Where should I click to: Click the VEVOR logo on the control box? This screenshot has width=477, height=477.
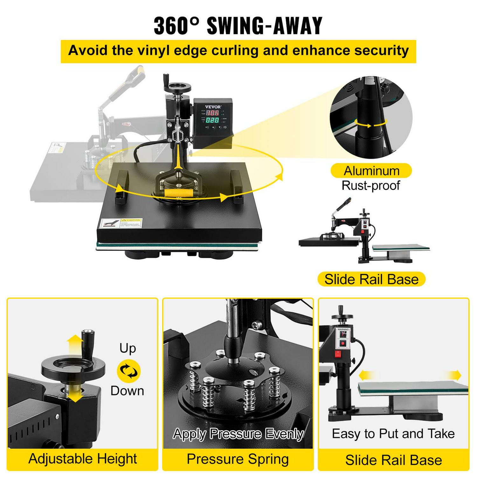(213, 107)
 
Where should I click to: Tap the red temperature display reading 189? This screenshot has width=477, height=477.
(212, 113)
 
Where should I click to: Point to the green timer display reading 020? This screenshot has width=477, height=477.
(212, 120)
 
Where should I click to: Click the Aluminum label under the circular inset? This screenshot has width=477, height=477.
(371, 171)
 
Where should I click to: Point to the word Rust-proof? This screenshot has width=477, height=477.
(371, 185)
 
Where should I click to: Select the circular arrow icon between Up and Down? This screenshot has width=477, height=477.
(128, 371)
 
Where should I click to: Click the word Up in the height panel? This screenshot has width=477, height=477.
(128, 349)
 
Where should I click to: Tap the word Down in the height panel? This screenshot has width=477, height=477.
(127, 391)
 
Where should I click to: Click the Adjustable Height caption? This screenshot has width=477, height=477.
(83, 459)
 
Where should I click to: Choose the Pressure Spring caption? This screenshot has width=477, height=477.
(238, 459)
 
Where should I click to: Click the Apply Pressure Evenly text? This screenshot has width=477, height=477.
(238, 434)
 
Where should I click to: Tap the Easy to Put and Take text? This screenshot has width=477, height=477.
(393, 434)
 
